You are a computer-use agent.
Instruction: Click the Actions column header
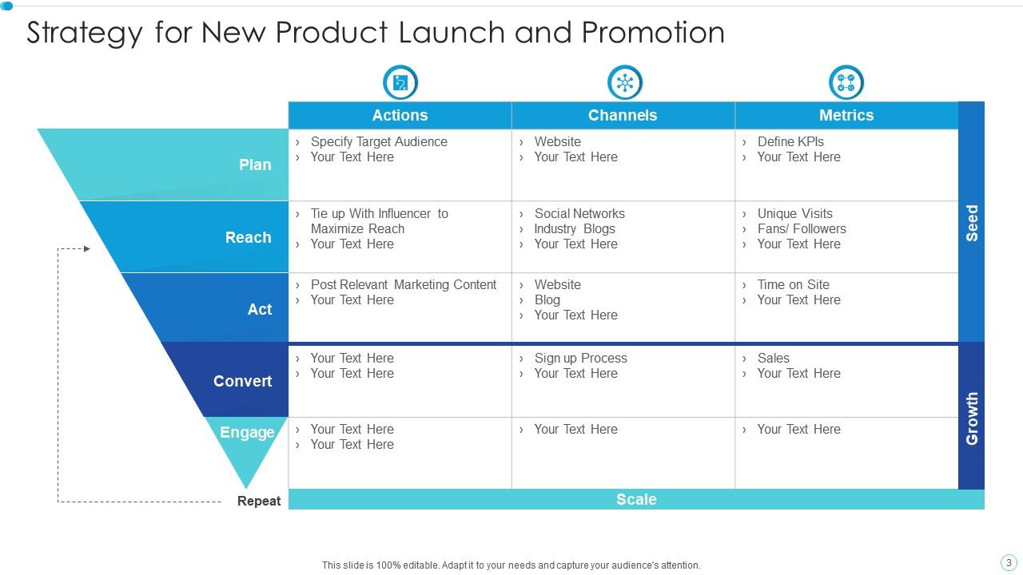[x=400, y=115]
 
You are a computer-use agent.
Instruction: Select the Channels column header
[x=623, y=115]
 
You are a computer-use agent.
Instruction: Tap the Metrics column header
[x=846, y=115]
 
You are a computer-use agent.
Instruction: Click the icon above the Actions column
[x=400, y=82]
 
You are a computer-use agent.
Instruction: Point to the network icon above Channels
[x=624, y=82]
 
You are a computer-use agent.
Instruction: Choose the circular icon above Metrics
[x=846, y=82]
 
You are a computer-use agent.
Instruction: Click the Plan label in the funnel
[x=255, y=165]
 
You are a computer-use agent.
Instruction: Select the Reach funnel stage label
[x=248, y=237]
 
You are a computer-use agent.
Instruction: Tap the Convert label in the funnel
[x=242, y=381]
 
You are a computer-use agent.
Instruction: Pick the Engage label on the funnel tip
[x=247, y=432]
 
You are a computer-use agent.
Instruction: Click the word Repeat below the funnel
[x=259, y=502]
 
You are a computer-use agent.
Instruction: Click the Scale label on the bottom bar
[x=636, y=499]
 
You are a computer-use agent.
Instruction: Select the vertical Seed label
[x=972, y=223]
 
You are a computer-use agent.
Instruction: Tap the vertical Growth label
[x=972, y=418]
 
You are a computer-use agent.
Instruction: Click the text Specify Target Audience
[x=379, y=141]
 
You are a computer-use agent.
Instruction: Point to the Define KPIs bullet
[x=790, y=141]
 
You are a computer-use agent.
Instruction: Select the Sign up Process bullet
[x=580, y=358]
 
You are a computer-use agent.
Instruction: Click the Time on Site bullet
[x=793, y=284]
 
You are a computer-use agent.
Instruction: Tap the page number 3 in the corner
[x=1009, y=562]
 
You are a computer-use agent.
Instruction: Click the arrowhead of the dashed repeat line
[x=86, y=249]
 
